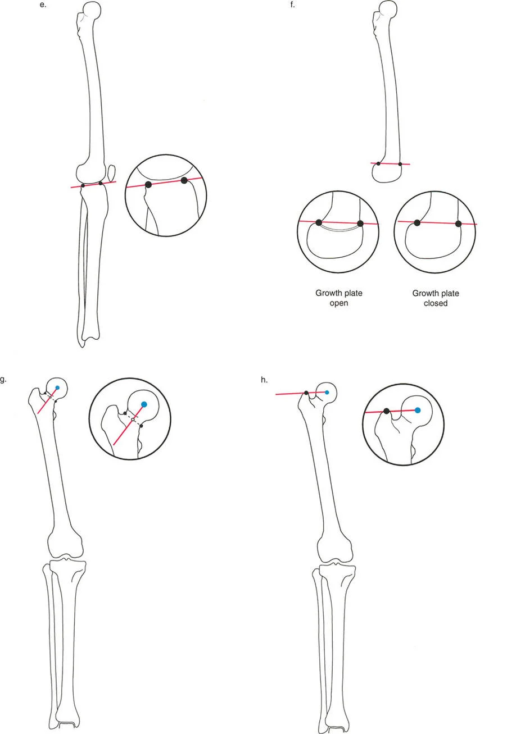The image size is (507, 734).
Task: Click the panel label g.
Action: (x=3, y=380)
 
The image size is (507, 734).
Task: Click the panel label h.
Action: (x=264, y=380)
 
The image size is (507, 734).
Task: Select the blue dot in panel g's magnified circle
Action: (x=144, y=404)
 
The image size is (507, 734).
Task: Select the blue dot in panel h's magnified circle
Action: (x=418, y=411)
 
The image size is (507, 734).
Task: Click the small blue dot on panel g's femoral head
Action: (x=57, y=388)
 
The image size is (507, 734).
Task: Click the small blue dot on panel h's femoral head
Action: (x=327, y=392)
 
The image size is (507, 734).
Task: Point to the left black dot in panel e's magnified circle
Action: (x=148, y=184)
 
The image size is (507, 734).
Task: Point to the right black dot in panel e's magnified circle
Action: (x=184, y=180)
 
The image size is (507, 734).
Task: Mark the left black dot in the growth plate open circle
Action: (x=319, y=222)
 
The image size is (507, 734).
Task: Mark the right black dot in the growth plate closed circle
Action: (x=459, y=224)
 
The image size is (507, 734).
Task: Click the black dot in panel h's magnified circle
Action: (x=387, y=412)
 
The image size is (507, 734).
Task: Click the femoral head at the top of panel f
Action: (x=387, y=9)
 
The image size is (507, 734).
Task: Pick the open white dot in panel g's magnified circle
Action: (x=133, y=420)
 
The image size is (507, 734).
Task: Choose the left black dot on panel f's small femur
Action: (x=378, y=163)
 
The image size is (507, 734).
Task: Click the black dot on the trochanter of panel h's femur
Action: (x=306, y=393)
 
